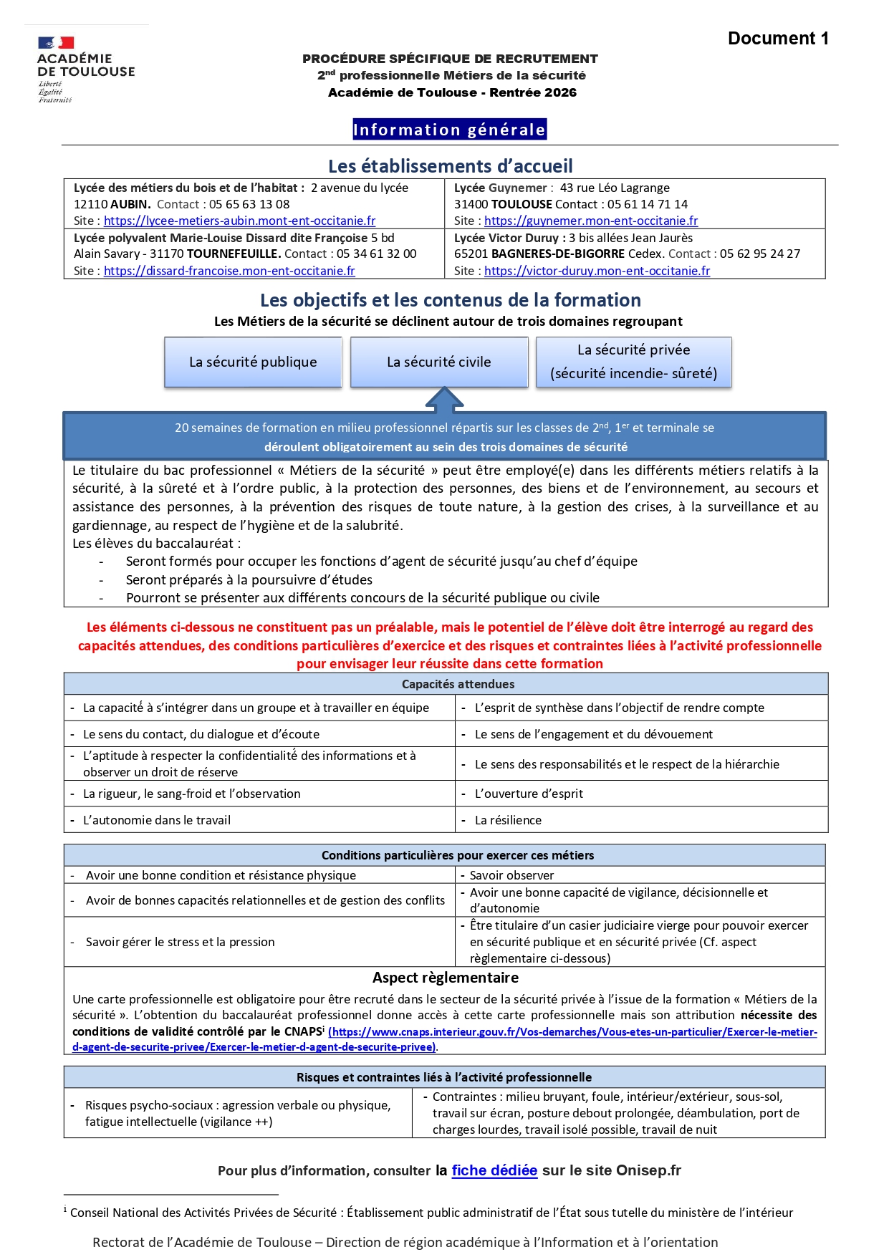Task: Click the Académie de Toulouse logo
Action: [85, 69]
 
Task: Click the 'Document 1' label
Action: [778, 39]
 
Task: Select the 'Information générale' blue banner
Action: [449, 130]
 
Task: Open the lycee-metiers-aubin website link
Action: [239, 221]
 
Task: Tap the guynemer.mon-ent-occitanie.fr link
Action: [591, 221]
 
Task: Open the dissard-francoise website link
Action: [229, 271]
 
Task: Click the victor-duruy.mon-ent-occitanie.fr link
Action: [597, 271]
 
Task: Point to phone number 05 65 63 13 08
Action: [249, 204]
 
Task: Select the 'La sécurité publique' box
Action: [253, 362]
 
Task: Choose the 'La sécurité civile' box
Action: [438, 362]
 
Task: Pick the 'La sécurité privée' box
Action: [633, 362]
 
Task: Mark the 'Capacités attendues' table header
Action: [458, 684]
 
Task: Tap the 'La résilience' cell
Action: [508, 820]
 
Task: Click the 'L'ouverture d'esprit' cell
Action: [529, 794]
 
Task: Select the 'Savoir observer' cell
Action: [511, 875]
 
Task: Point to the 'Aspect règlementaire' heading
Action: [445, 978]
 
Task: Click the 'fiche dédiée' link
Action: [494, 1170]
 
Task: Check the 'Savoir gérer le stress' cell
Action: [180, 942]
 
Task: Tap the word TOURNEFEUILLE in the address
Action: [234, 254]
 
